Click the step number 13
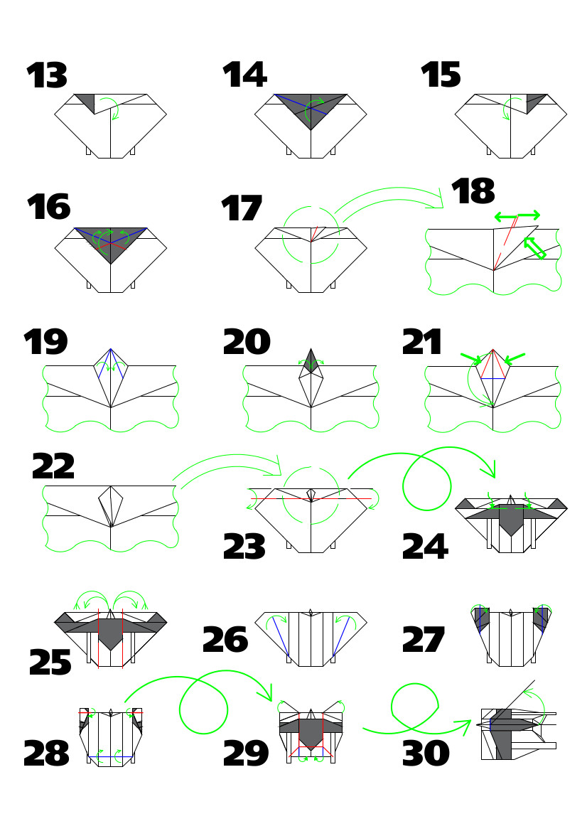tap(47, 76)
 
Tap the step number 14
tap(244, 75)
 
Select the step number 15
tap(441, 75)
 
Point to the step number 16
tap(48, 207)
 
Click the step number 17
tap(242, 210)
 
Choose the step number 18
tap(473, 192)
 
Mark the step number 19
tap(45, 342)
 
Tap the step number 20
tap(247, 343)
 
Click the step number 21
tap(423, 342)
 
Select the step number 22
tap(53, 467)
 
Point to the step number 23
tap(244, 547)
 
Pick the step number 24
tap(424, 547)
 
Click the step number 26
tap(225, 640)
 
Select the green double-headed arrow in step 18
tap(517, 215)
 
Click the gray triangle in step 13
tap(86, 102)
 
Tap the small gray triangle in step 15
tap(534, 102)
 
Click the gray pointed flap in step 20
tap(311, 361)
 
